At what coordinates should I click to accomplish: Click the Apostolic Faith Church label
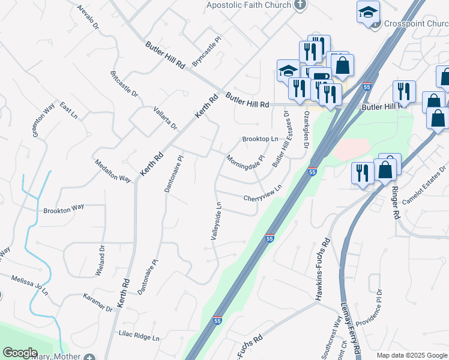[249, 5]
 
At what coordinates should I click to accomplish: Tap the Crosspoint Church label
[415, 25]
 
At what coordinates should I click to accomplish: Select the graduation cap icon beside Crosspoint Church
[368, 12]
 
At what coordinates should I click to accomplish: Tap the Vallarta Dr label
[165, 116]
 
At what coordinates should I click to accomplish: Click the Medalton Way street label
[113, 171]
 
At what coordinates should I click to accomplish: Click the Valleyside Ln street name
[217, 221]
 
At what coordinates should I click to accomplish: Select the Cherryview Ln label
[262, 194]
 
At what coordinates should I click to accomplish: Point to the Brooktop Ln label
[260, 139]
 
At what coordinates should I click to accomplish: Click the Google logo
[20, 352]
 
